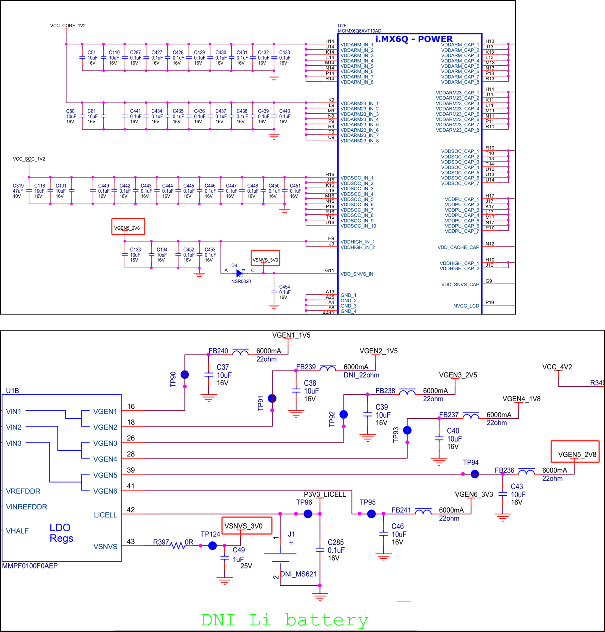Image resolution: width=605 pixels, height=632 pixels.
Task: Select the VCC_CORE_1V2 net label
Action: click(68, 25)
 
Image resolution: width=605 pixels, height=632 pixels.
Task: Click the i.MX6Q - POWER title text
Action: click(414, 39)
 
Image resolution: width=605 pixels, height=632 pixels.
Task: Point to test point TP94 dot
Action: click(475, 474)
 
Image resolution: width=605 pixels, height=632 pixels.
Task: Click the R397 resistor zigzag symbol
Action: click(177, 546)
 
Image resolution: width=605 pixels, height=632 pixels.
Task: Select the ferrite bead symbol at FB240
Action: click(240, 352)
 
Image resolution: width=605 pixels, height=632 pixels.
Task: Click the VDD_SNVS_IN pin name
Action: click(357, 274)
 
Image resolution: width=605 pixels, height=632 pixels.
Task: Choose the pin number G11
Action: click(329, 271)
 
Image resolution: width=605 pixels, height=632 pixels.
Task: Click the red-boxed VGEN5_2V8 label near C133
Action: click(128, 228)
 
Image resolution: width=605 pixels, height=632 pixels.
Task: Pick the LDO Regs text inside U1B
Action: click(61, 533)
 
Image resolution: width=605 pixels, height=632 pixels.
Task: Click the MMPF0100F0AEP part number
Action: click(30, 566)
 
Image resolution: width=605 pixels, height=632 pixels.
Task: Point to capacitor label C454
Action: click(285, 287)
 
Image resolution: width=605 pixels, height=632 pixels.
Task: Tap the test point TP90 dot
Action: click(185, 375)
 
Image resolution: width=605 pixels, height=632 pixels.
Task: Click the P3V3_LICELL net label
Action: click(325, 494)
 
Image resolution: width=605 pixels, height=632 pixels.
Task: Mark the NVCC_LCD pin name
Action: click(466, 306)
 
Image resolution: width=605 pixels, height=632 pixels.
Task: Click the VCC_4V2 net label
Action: click(557, 367)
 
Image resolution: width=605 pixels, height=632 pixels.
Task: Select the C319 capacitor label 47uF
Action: click(18, 191)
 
